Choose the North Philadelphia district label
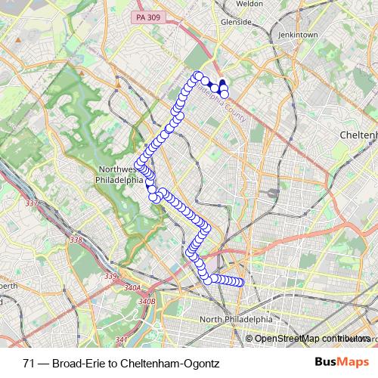tap(234, 320)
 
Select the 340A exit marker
tap(132, 288)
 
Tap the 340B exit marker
tap(147, 302)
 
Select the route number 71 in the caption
tap(29, 363)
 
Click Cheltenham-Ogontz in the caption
tap(173, 363)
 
